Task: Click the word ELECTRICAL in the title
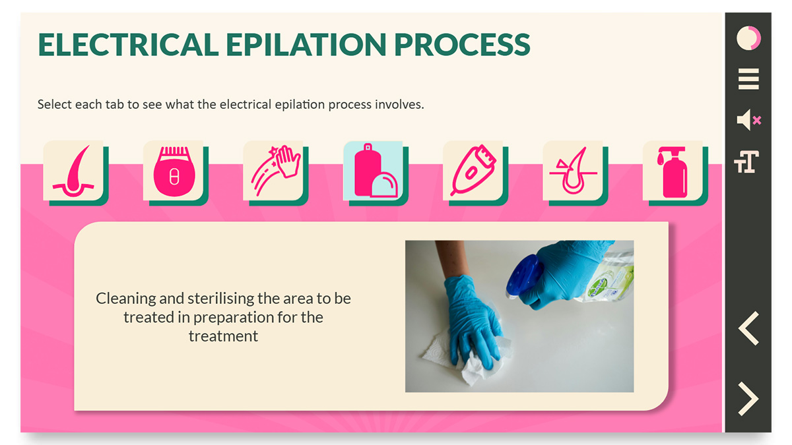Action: [128, 45]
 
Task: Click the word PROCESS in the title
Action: [462, 45]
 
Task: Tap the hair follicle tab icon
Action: [74, 171]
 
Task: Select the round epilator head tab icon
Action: [174, 171]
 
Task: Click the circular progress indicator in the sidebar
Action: [748, 38]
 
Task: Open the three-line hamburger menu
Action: [748, 79]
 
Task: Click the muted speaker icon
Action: [749, 120]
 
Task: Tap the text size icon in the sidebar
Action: [746, 162]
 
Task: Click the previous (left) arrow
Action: [748, 328]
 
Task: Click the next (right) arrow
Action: [748, 399]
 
